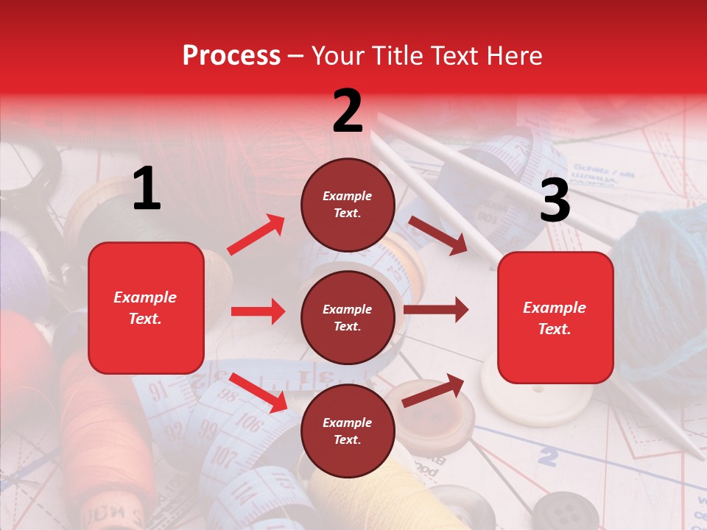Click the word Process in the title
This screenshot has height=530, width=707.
pyautogui.click(x=231, y=56)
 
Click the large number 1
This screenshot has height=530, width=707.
pyautogui.click(x=147, y=189)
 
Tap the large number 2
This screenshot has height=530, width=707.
pyautogui.click(x=348, y=110)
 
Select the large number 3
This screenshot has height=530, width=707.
pyautogui.click(x=555, y=201)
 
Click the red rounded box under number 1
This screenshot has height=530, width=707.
pyautogui.click(x=146, y=308)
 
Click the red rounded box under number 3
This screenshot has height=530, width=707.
pyautogui.click(x=555, y=318)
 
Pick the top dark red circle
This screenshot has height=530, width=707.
pyautogui.click(x=348, y=205)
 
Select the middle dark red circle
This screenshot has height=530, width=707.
pyautogui.click(x=348, y=318)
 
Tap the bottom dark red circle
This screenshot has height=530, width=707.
pyautogui.click(x=348, y=431)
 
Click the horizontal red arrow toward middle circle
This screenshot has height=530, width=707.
pyautogui.click(x=258, y=311)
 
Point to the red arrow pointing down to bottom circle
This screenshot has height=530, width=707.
pyautogui.click(x=258, y=392)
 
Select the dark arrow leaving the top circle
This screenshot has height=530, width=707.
pyautogui.click(x=438, y=236)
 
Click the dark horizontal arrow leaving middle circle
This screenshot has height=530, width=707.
pyautogui.click(x=436, y=309)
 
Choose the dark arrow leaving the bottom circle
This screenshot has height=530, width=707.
pyautogui.click(x=433, y=391)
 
